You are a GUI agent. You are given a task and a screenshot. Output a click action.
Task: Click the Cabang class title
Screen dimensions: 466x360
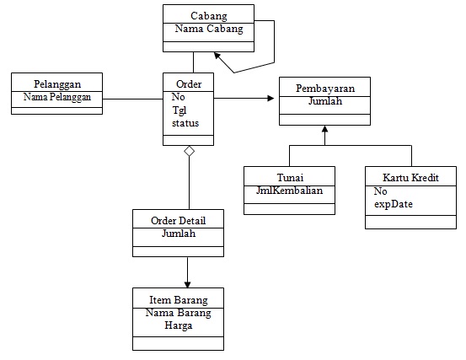click(209, 16)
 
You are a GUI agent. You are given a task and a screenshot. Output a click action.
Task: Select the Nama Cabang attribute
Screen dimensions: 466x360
click(209, 29)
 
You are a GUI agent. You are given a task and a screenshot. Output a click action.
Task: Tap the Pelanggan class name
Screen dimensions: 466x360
click(57, 84)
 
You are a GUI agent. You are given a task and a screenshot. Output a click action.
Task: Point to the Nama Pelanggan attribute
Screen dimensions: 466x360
click(57, 97)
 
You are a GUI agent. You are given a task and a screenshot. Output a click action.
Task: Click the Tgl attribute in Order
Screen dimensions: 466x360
click(179, 110)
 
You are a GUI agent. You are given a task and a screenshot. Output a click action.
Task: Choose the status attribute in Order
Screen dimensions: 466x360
click(185, 123)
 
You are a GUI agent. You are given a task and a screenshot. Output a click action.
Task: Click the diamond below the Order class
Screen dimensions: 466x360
click(190, 151)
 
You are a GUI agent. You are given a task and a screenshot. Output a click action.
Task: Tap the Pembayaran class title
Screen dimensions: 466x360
click(325, 89)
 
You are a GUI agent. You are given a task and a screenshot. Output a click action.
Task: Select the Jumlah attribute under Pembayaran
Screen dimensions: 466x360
click(325, 101)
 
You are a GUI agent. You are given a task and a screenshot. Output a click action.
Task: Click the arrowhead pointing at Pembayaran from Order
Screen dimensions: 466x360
click(270, 98)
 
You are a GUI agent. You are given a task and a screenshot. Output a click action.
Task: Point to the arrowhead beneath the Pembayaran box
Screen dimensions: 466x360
click(324, 129)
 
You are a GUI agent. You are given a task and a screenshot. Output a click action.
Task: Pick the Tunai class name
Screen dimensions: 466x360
click(290, 178)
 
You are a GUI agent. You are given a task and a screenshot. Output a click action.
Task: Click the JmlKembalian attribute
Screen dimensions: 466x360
click(290, 191)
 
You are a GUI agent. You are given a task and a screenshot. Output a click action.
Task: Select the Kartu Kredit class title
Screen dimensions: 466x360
click(410, 178)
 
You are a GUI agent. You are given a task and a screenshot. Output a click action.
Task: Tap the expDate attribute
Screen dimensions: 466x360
click(394, 204)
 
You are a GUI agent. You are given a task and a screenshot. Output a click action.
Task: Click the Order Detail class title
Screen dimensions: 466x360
click(179, 221)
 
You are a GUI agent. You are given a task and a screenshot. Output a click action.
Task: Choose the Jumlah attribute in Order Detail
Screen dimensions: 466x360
click(179, 234)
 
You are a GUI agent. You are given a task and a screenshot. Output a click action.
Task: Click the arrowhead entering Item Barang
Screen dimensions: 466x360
click(187, 284)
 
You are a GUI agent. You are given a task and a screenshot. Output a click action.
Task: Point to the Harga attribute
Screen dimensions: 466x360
click(179, 325)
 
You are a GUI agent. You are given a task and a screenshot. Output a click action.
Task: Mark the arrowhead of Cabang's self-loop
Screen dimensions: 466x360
click(217, 56)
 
